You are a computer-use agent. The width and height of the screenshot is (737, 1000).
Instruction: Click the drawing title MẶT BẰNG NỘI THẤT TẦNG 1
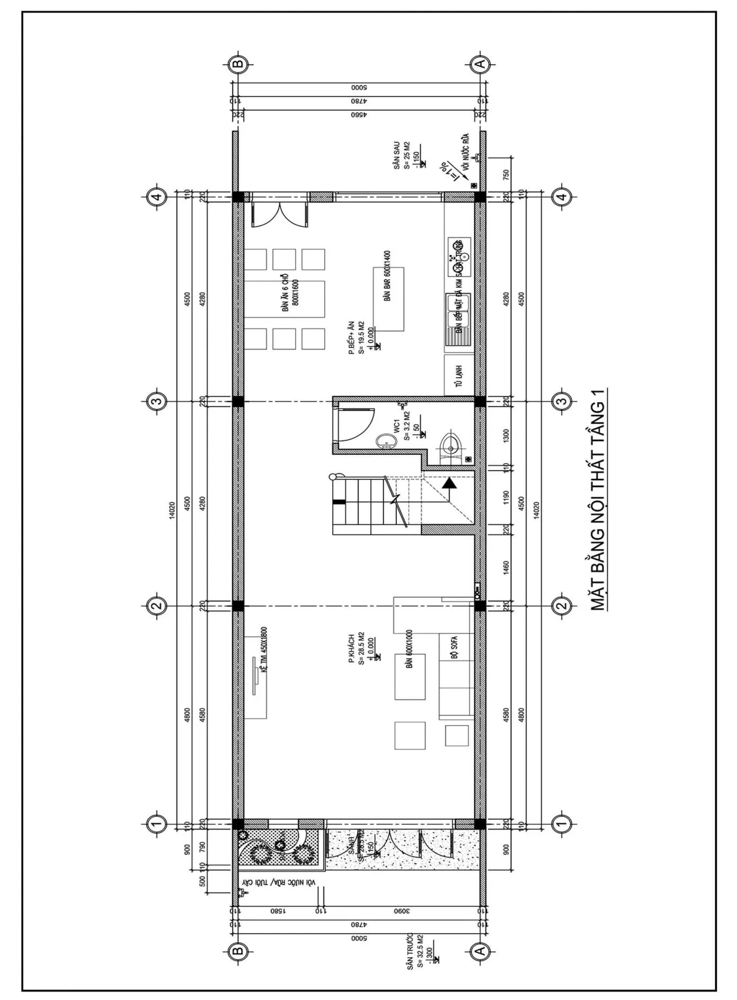tap(598, 499)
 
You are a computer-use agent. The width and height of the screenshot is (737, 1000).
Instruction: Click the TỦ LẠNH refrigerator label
tap(459, 376)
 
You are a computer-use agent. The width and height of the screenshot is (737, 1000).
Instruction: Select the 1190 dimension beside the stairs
tap(505, 498)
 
